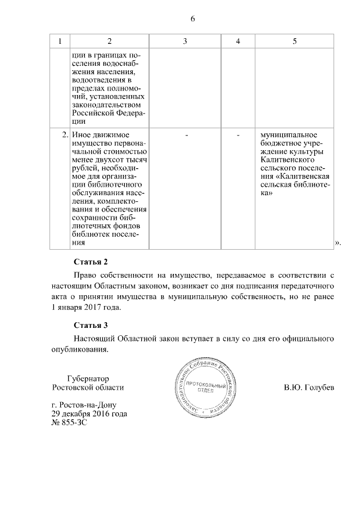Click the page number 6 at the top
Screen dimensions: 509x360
coord(192,19)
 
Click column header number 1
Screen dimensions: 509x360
coord(60,42)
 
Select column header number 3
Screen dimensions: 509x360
coord(184,42)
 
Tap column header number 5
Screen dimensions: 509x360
coord(295,42)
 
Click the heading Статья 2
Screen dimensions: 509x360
coord(91,262)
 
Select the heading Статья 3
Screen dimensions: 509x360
coord(91,325)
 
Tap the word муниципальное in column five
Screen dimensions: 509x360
coord(286,136)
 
